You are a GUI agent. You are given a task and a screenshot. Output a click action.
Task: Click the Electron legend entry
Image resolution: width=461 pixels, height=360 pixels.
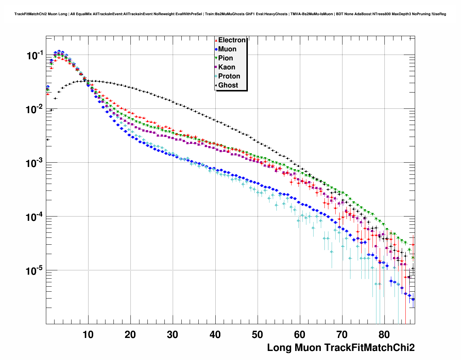232,40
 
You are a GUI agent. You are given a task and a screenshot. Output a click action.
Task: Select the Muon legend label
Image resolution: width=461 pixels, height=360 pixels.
227,49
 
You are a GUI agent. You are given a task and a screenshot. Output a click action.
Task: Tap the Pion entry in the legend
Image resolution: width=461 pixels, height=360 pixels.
225,58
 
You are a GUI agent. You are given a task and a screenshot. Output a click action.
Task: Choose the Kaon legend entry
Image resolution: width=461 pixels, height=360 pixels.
227,67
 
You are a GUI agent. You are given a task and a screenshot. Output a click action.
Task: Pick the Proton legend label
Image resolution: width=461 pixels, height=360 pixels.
229,76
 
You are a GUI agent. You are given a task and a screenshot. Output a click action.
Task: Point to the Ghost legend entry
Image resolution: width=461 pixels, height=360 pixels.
228,85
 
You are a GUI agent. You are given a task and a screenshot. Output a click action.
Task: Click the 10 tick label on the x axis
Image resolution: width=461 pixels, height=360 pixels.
88,335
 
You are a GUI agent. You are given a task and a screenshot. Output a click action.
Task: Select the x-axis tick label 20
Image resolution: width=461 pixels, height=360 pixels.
130,335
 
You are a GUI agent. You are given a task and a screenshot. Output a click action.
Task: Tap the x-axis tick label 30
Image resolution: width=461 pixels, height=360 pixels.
173,335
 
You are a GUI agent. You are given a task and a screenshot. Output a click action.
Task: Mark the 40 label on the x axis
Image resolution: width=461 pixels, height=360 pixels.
215,335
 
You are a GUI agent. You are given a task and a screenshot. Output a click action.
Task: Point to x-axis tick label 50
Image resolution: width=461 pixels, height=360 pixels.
258,335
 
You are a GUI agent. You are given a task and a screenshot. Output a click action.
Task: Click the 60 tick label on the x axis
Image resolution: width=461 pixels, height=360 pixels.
300,335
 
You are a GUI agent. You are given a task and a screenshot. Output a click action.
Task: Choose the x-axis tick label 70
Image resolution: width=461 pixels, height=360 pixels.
342,335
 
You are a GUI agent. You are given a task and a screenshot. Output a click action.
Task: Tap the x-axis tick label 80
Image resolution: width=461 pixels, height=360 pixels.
384,335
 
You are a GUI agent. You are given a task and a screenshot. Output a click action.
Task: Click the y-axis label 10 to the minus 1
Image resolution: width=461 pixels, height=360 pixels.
35,56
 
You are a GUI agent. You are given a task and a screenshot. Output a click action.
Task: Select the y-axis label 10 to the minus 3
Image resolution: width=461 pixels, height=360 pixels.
35,163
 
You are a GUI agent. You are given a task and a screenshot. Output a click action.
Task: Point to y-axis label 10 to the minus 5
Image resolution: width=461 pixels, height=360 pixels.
35,271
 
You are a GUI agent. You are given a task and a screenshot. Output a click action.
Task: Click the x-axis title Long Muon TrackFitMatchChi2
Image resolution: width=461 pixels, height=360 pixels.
341,348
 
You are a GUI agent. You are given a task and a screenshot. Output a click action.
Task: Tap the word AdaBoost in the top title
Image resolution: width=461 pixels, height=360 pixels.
364,14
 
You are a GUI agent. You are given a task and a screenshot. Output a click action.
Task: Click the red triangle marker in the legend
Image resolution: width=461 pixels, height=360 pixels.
216,40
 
